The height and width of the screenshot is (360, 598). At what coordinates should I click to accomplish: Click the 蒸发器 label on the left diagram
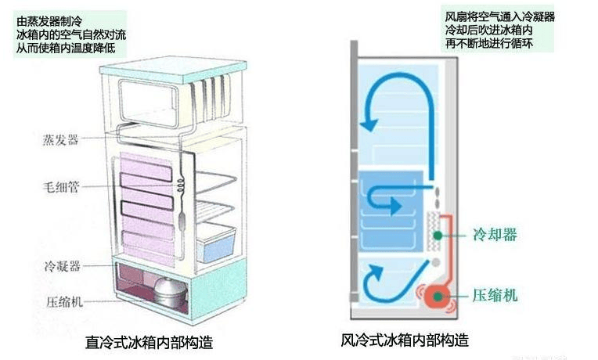coord(60,140)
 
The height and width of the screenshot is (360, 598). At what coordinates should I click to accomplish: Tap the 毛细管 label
coord(61,187)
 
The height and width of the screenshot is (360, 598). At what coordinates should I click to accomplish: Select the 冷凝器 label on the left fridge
coord(63,266)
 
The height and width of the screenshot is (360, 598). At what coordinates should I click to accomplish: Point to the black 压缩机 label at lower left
coord(64,301)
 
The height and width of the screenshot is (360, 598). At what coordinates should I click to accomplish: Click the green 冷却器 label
coord(495,234)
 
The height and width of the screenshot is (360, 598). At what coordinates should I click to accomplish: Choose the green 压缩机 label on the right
coord(495,296)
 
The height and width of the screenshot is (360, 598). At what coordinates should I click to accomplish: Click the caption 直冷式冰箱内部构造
coord(149,343)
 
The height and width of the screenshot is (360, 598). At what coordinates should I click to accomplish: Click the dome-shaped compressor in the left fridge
coord(170,292)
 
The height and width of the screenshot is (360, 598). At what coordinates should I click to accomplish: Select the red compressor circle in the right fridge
coord(438,297)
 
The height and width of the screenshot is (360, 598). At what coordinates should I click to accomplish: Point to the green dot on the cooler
coord(438,236)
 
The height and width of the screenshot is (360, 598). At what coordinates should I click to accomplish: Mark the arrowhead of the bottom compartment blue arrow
coord(376,272)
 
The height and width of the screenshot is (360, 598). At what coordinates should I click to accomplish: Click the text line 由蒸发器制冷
coord(49,22)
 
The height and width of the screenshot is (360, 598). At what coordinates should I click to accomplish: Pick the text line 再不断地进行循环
coord(489,43)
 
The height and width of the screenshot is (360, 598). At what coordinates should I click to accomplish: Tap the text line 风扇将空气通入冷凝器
coord(499,16)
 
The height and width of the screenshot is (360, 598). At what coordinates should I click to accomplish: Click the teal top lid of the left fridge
coord(174,70)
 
